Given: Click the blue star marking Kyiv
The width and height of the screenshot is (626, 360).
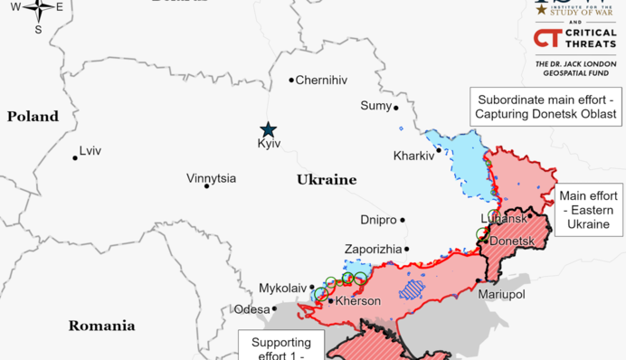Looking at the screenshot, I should point(268,129).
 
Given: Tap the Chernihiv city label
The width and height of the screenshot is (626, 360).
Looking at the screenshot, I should point(321,81).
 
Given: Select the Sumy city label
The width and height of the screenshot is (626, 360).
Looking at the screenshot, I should point(375,106).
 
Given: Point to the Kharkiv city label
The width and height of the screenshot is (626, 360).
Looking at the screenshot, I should point(413,156).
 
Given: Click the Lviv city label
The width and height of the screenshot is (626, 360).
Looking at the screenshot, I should point(90,151).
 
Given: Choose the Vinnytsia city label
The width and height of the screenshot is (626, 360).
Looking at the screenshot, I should point(211,178).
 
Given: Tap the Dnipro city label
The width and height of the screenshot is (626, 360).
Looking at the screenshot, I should point(378,220).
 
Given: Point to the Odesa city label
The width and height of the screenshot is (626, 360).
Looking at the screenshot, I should point(251,309).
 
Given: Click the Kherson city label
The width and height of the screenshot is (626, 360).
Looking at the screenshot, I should point(359,301).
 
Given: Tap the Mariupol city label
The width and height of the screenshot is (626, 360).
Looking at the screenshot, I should point(502,295).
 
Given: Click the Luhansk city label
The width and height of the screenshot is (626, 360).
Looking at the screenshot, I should point(503,219).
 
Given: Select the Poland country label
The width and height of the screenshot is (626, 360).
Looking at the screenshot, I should point(33,117).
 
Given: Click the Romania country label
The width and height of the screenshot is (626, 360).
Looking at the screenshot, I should point(102,326).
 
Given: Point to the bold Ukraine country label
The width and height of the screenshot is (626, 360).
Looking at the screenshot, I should point(327,180).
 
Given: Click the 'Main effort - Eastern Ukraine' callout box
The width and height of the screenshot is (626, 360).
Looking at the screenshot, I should point(588,210).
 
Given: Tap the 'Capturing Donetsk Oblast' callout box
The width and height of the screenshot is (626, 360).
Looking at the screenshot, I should point(546,107).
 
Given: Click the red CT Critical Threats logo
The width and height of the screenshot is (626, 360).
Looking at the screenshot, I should point(546,38).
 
